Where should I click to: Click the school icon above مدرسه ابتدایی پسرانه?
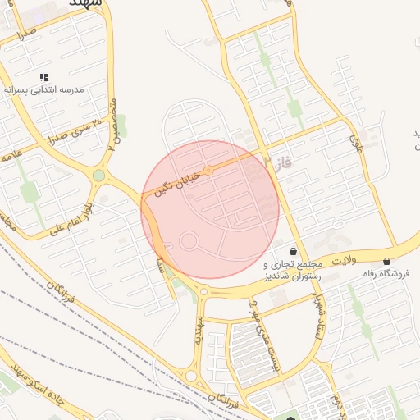(43, 77)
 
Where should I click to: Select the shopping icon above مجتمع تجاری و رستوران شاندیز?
(294, 252)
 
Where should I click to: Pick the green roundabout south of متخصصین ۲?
(99, 175)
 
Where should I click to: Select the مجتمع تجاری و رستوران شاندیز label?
(290, 271)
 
